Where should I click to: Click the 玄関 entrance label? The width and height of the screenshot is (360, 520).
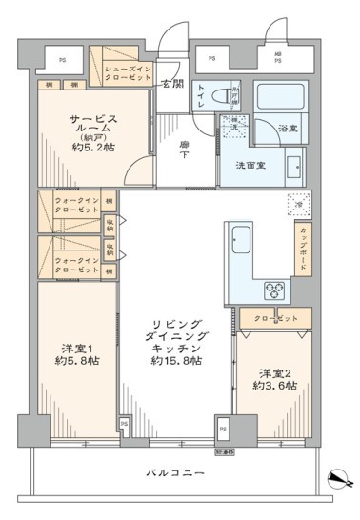click(x=171, y=83)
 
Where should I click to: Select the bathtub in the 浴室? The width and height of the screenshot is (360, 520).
click(x=279, y=97)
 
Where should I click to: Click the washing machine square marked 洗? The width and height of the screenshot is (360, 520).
click(x=231, y=126)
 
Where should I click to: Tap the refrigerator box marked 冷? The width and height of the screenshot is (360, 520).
click(x=297, y=206)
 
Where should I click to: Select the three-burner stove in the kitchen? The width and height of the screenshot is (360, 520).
click(x=275, y=290)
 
